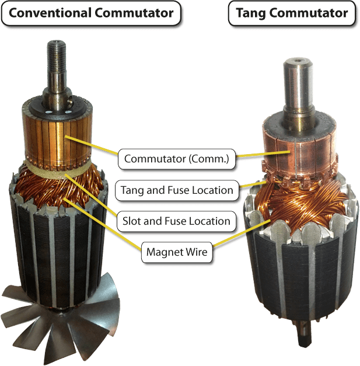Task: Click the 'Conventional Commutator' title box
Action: click(x=91, y=13)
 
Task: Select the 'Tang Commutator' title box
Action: click(x=292, y=13)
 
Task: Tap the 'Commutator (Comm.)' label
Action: click(x=177, y=159)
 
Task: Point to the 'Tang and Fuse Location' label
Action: click(x=177, y=190)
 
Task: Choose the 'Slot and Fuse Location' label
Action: click(x=176, y=221)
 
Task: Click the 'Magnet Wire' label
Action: click(x=177, y=252)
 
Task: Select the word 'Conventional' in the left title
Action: click(x=50, y=13)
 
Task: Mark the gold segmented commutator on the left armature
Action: click(x=57, y=140)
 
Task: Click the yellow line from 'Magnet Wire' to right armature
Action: click(x=242, y=233)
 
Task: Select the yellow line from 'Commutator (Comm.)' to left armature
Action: click(x=91, y=145)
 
